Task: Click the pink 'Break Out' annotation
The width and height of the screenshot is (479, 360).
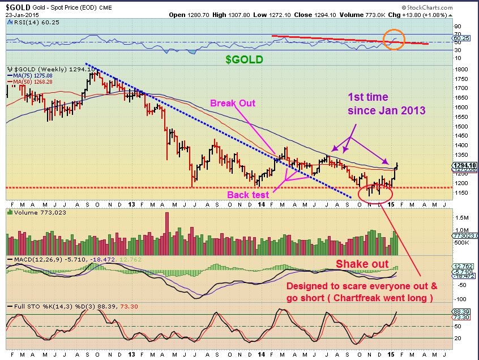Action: [x=233, y=104]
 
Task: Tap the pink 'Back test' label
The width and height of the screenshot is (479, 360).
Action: [x=247, y=195]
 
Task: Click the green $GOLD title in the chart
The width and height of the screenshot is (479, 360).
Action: [x=245, y=59]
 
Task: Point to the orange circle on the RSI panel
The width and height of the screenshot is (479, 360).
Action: [x=394, y=40]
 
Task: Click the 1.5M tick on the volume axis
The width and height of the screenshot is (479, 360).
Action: [x=462, y=218]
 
